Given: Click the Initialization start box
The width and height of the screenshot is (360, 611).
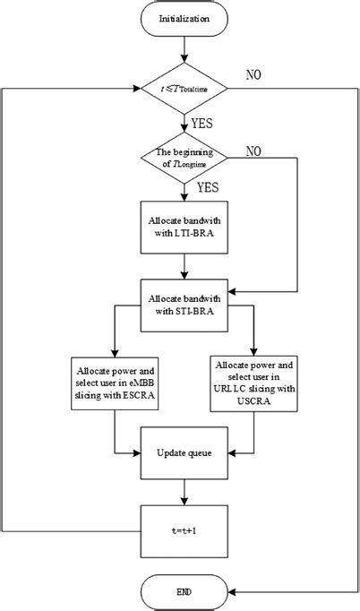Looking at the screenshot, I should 184,19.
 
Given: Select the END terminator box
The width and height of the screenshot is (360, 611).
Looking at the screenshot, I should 184,592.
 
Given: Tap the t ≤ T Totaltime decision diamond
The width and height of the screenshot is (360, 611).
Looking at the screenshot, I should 184,88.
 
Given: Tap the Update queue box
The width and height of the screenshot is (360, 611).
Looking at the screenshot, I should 184,452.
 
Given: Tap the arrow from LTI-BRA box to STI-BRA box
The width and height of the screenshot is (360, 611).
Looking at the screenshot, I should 184,264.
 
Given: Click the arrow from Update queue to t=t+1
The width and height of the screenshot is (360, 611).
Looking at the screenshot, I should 184,491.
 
